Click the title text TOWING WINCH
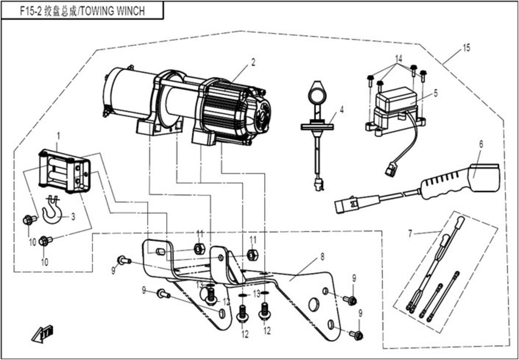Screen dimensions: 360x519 point(112,11)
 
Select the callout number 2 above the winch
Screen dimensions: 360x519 point(253,62)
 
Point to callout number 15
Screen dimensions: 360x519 point(466,48)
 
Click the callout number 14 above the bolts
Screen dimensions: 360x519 point(399,59)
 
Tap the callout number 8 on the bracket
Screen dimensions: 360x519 point(322,257)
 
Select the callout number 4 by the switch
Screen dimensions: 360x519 point(342,109)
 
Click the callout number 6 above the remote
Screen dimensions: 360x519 point(481,144)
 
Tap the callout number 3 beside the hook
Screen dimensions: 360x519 point(73,217)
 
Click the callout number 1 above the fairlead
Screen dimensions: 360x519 point(58,136)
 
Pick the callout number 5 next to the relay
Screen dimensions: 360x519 point(436,93)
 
